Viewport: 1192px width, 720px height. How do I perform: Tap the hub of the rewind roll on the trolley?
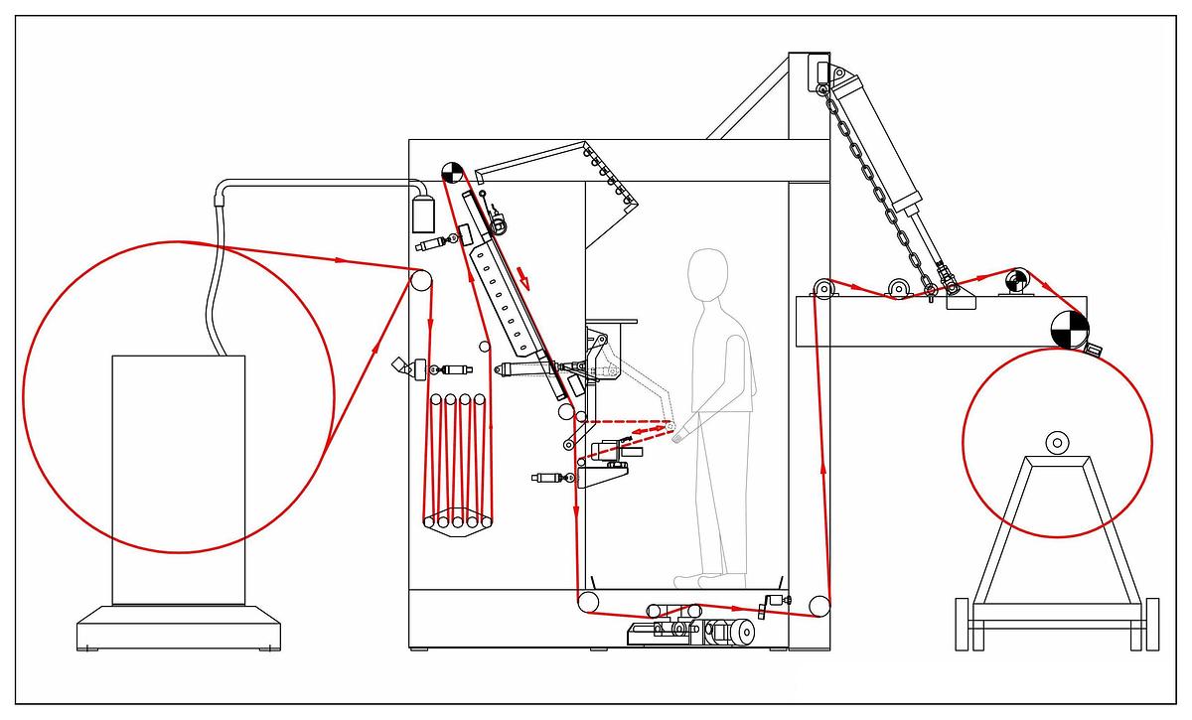1057,441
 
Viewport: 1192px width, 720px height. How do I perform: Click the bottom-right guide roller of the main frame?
819,605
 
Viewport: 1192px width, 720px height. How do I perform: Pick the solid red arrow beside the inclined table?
523,277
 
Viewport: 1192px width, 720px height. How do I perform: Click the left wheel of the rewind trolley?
962,624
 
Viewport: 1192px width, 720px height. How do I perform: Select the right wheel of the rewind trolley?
1151,624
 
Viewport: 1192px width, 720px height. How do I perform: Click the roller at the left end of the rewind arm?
821,290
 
